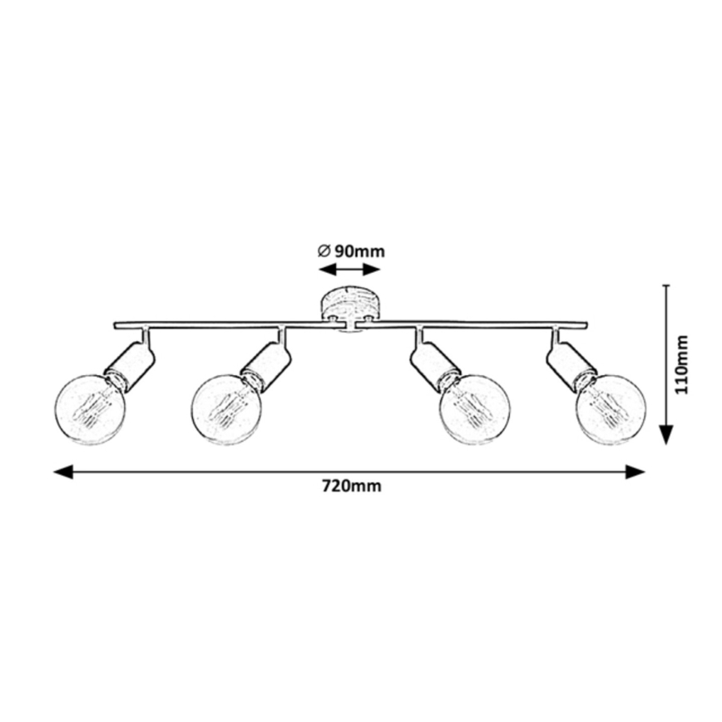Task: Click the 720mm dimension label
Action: pyautogui.click(x=351, y=487)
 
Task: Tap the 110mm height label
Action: pyautogui.click(x=683, y=364)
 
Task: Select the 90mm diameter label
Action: pyautogui.click(x=358, y=250)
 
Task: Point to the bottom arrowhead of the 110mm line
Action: pyautogui.click(x=665, y=435)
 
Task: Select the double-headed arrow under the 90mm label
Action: pyautogui.click(x=349, y=270)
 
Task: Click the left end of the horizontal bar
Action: pyautogui.click(x=116, y=324)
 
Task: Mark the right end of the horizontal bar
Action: pyautogui.click(x=585, y=324)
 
